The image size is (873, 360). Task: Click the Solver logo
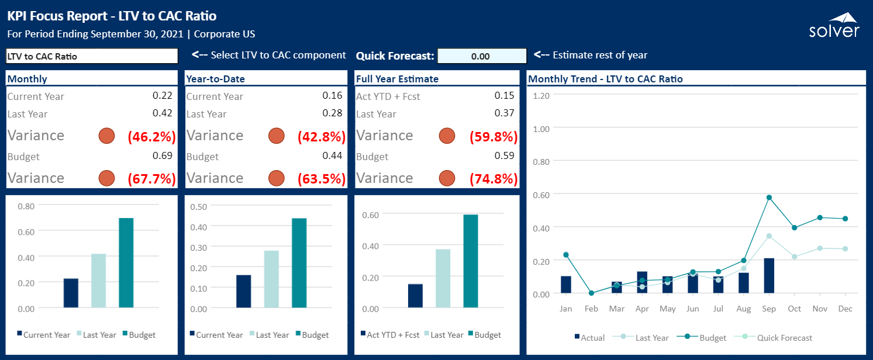834,25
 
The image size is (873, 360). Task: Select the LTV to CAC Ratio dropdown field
92,56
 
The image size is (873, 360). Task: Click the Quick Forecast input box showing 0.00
482,56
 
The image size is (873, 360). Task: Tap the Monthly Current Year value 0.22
162,95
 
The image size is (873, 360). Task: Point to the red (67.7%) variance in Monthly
151,178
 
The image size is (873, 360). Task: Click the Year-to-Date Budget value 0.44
332,155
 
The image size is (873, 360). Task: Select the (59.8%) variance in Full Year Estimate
494,136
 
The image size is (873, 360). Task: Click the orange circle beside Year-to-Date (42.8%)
277,136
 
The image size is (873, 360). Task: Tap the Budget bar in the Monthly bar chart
126,262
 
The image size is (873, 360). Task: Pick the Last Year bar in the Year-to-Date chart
271,279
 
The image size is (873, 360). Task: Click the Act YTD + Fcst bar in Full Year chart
416,296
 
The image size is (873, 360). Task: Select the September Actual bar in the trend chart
769,275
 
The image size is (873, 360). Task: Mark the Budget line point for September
769,198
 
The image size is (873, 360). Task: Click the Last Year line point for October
794,257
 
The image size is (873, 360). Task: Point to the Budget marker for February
591,293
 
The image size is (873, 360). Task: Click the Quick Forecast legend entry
773,337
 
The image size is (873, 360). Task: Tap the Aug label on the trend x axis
744,309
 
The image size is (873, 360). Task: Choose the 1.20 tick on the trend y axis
541,96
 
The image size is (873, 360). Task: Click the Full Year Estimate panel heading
397,79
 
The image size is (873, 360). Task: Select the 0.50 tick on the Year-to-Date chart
198,206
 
